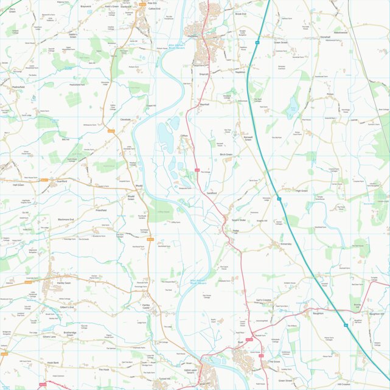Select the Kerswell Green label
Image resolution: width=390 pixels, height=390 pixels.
coord(248,139)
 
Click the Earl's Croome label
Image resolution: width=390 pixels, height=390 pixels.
coord(263,300)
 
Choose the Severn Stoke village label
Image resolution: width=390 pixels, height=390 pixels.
coord(239,220)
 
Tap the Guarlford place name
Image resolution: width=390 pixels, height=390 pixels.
coord(61,181)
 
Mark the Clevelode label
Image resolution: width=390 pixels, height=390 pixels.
coord(126,119)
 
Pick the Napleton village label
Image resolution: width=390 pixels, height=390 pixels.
coord(240,72)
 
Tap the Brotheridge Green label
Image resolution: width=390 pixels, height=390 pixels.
coord(70,334)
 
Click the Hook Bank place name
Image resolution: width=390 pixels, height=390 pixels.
coord(53,363)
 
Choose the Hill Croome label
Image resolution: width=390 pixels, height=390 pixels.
coord(344,384)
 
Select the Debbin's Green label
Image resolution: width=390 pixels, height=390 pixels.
coord(73,36)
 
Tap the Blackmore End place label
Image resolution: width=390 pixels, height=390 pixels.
coord(66,219)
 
